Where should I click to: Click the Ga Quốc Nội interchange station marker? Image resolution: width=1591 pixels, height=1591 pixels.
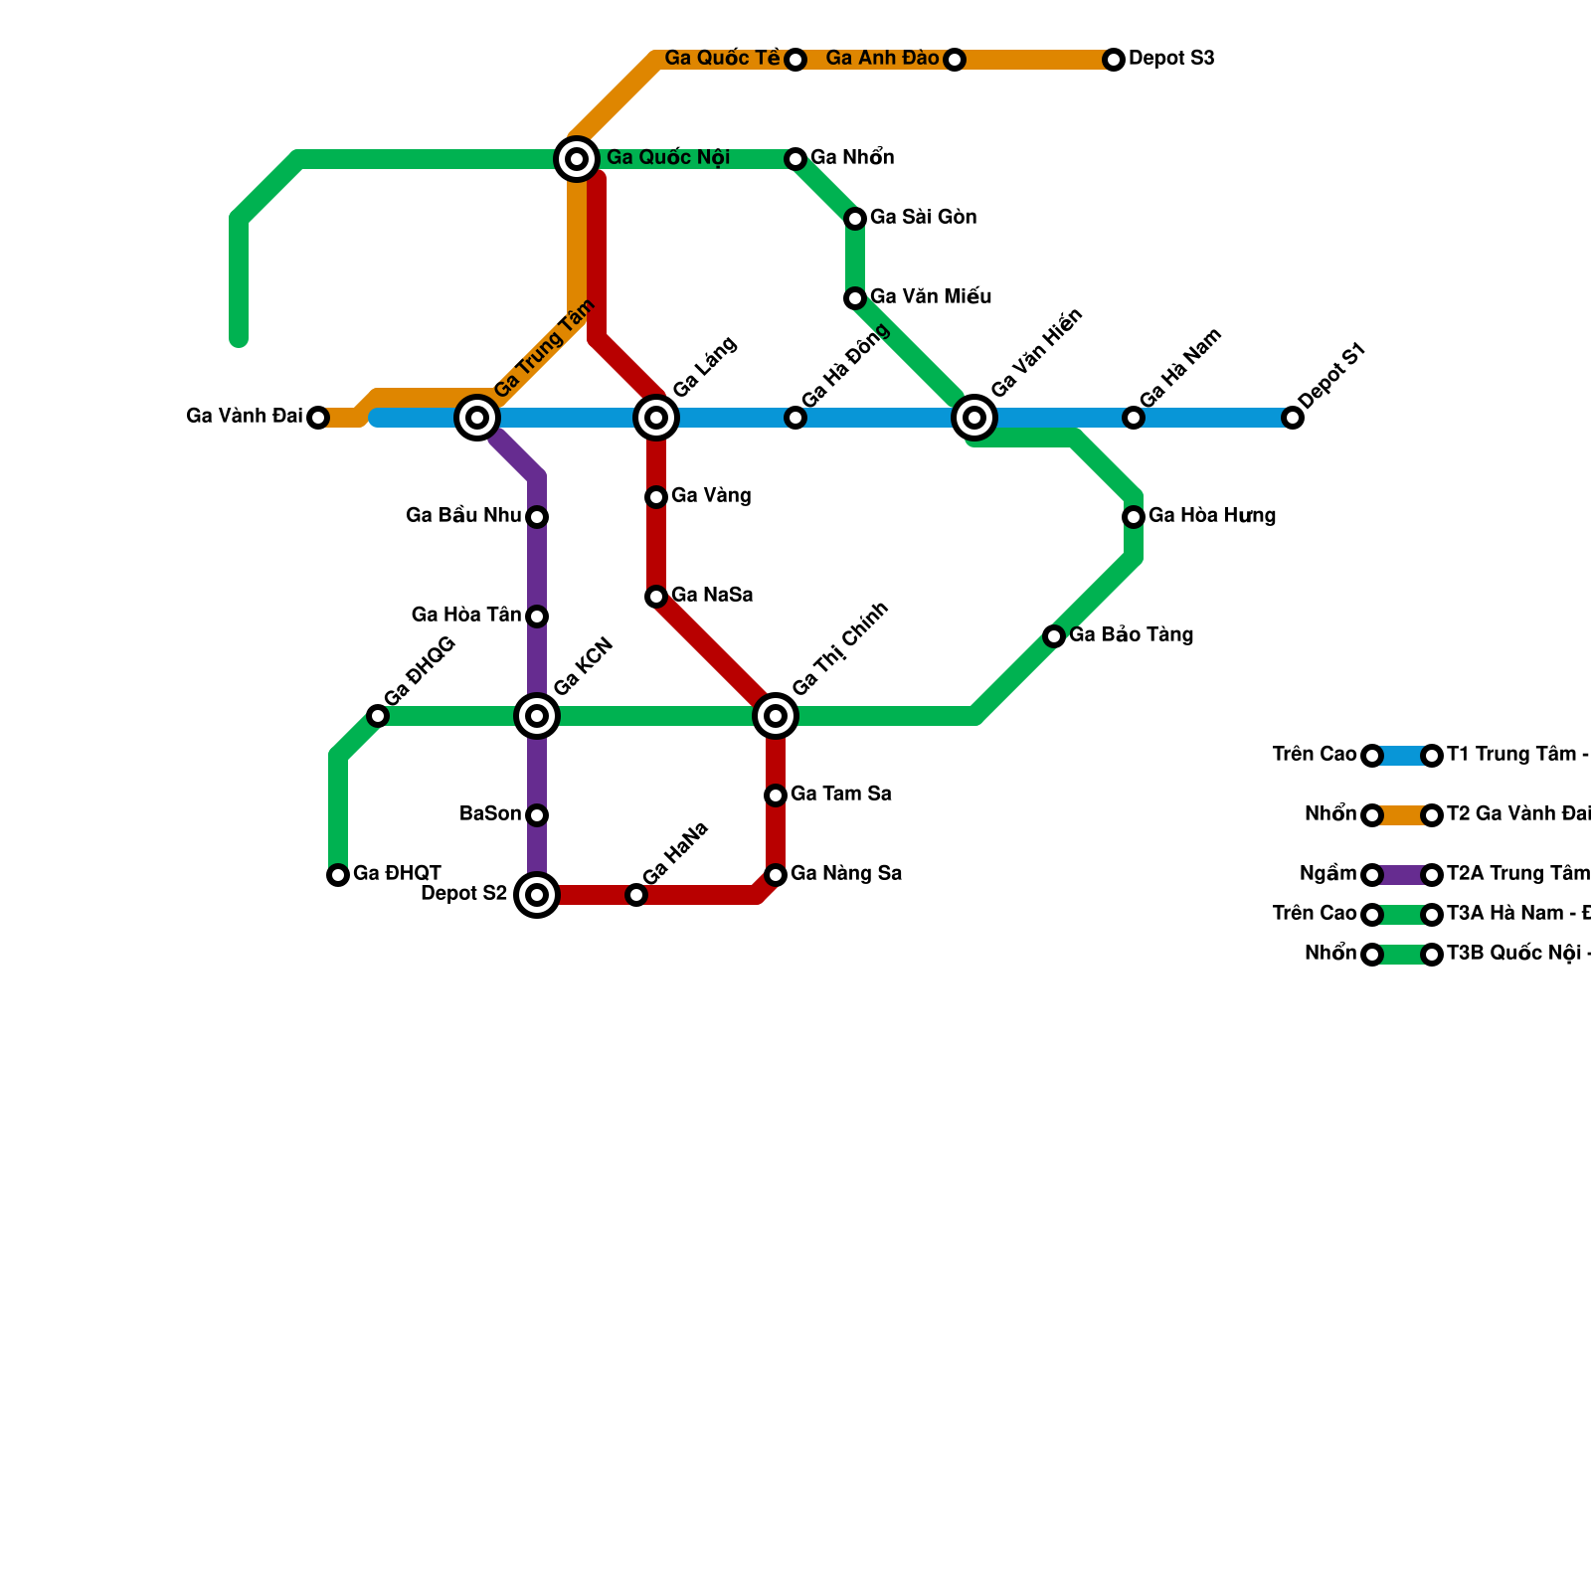[577, 159]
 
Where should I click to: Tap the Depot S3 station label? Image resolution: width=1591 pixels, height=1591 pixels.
[1171, 59]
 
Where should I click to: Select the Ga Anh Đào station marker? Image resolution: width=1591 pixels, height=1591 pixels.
[955, 60]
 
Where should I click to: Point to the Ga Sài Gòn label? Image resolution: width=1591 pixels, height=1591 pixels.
[923, 218]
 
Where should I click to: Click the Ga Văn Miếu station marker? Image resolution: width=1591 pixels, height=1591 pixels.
[855, 298]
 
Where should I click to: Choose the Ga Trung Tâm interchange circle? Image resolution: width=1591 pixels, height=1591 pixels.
[477, 418]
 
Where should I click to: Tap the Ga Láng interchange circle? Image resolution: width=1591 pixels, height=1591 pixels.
[656, 418]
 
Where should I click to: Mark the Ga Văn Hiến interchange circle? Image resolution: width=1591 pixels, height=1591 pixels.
[974, 418]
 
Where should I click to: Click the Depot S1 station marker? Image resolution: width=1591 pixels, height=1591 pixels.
[1293, 418]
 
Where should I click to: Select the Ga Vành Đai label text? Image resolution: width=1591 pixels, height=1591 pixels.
[244, 417]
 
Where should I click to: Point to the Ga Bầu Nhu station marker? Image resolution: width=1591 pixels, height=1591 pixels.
[537, 517]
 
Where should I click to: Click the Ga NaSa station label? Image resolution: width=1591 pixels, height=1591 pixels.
[712, 596]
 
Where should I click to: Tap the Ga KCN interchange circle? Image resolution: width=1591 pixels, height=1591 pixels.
[537, 716]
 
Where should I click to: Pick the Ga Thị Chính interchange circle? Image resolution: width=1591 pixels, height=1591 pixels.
[776, 716]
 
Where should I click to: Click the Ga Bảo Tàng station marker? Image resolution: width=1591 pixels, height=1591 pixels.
[1054, 636]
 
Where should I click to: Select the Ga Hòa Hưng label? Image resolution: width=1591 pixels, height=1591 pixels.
[1211, 516]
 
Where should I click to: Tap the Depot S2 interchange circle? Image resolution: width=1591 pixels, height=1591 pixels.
[537, 895]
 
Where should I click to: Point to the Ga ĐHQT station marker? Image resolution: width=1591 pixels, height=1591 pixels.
[338, 875]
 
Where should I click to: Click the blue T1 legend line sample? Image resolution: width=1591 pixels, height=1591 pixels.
[1402, 756]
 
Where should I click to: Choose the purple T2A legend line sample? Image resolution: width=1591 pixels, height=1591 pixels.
[1402, 875]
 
